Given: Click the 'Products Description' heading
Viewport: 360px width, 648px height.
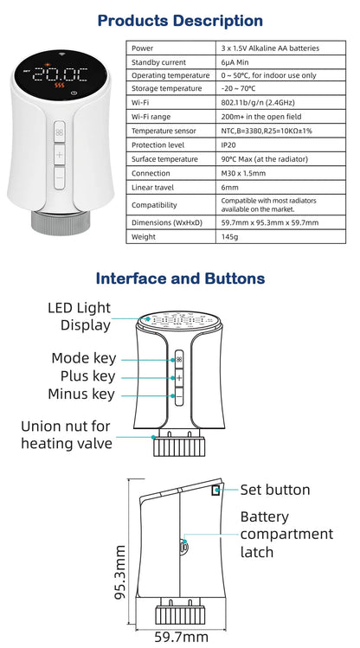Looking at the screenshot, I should (x=180, y=20).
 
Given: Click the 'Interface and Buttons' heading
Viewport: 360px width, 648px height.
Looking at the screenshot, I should (x=180, y=279).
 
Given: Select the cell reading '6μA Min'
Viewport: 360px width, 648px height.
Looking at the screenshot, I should (x=234, y=62).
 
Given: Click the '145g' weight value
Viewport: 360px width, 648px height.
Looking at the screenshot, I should (x=229, y=236).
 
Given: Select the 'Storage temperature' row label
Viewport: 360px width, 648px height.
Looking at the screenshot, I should (x=169, y=89).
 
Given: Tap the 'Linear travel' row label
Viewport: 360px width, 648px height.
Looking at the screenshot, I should (x=154, y=188).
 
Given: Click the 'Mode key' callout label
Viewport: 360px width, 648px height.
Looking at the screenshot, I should (x=83, y=358).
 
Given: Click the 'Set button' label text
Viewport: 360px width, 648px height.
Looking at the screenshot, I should (x=275, y=490).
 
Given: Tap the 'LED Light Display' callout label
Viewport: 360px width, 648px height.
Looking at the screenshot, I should (x=79, y=317).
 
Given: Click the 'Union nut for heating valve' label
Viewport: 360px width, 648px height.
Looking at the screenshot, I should (x=67, y=434).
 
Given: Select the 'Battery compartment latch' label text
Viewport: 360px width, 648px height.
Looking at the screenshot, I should (x=286, y=535).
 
